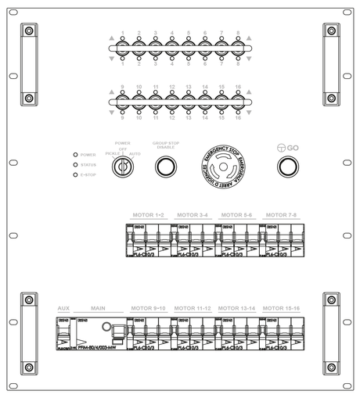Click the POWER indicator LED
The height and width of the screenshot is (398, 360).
[x=75, y=155]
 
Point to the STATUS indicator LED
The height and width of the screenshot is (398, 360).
[x=75, y=164]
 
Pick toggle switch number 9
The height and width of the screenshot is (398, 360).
[x=123, y=102]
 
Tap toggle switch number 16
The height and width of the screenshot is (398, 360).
[x=237, y=102]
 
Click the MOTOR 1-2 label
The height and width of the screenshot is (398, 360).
[x=149, y=214]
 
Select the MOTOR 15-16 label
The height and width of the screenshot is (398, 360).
[x=281, y=309]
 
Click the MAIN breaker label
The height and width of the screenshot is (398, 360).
[x=98, y=309]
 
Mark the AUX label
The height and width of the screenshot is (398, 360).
[x=64, y=309]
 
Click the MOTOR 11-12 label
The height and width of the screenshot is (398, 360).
[x=193, y=309]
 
